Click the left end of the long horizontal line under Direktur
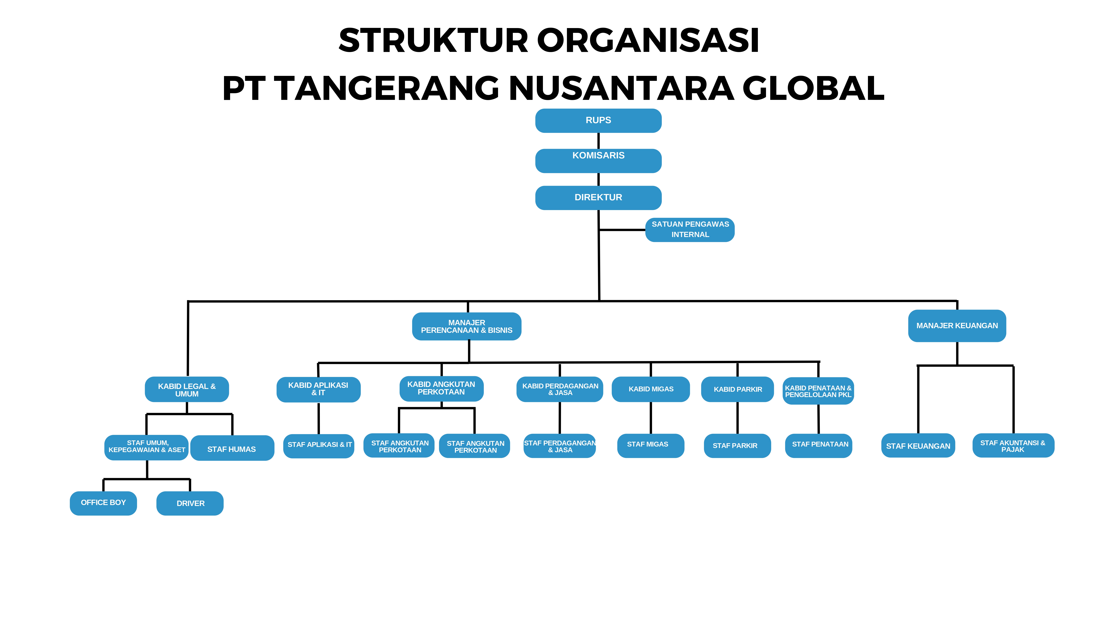tap(188, 301)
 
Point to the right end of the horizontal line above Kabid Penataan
tap(820, 362)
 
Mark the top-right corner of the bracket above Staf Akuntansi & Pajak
tap(1013, 366)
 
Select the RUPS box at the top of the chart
tap(598, 121)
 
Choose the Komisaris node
tap(598, 161)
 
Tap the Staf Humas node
tap(232, 448)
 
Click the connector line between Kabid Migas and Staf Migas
tap(651, 418)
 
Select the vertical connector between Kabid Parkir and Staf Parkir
tap(738, 418)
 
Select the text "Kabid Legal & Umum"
tap(187, 390)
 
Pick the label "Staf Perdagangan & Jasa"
tap(560, 446)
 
